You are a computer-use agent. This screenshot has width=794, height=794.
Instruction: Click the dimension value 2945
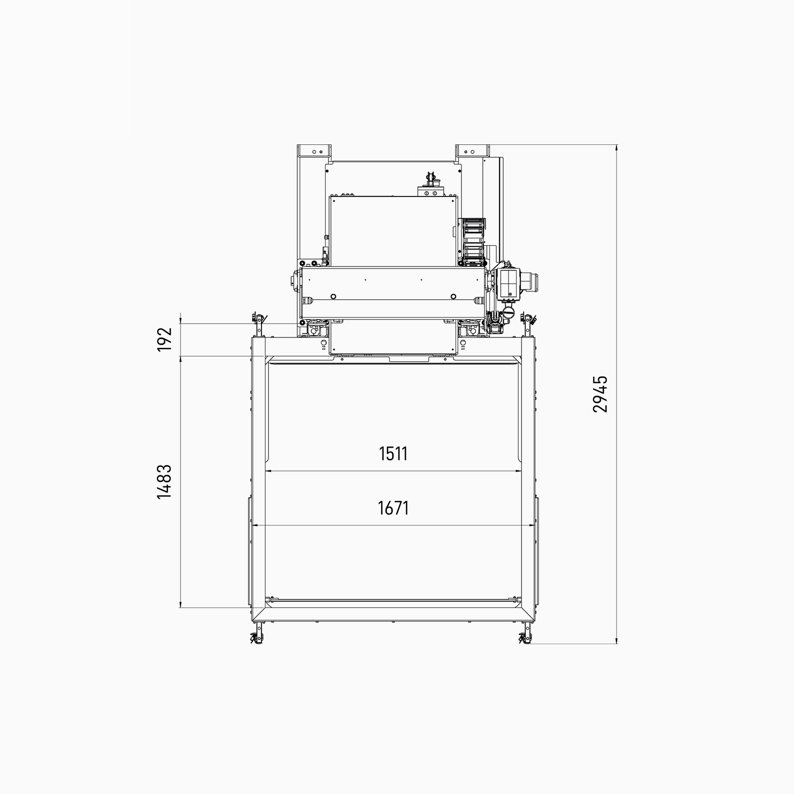pyautogui.click(x=600, y=394)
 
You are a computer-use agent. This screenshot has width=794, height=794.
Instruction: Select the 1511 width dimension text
pyautogui.click(x=393, y=454)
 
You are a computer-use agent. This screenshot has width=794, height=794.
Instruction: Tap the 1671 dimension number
pyautogui.click(x=393, y=508)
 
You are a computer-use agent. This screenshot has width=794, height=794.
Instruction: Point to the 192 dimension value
pyautogui.click(x=164, y=339)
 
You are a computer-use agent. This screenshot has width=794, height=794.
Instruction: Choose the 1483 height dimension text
pyautogui.click(x=164, y=481)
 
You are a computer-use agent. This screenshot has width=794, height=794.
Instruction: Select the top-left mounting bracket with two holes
pyautogui.click(x=316, y=150)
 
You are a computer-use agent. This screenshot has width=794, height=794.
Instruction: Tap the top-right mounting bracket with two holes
pyautogui.click(x=471, y=150)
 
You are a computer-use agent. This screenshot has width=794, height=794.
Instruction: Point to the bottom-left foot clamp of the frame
pyautogui.click(x=256, y=634)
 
